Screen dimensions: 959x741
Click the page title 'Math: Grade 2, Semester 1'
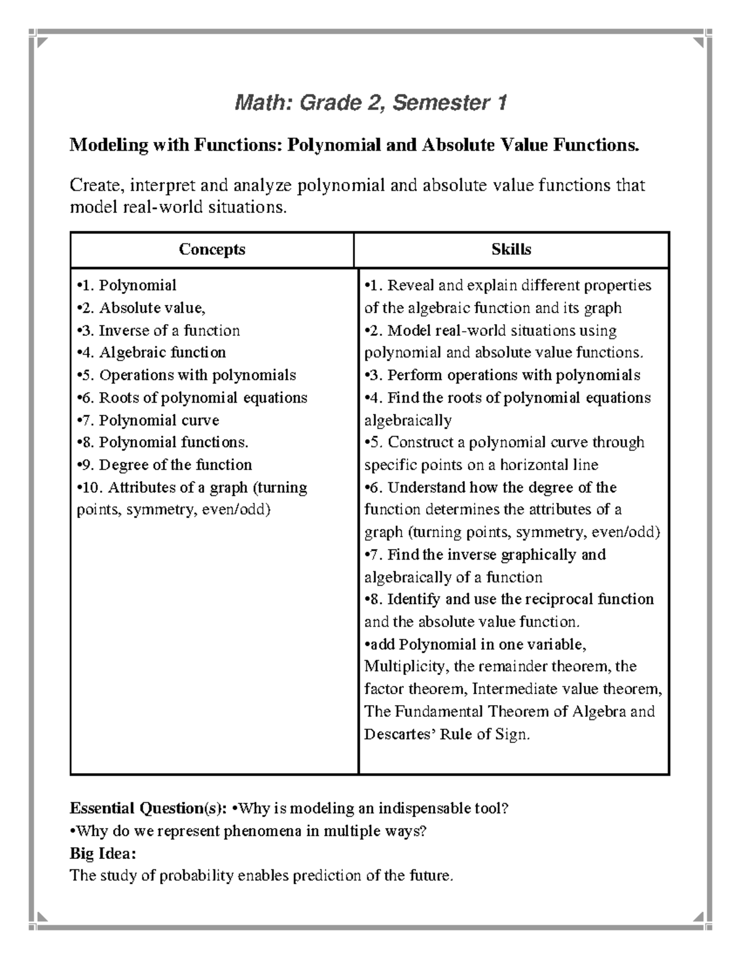[x=371, y=103]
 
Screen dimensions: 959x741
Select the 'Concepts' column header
[x=212, y=249]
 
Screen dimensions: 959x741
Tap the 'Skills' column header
[x=511, y=249]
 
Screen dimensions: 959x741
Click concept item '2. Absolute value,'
[x=141, y=308]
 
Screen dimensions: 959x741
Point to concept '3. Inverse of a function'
[x=158, y=330]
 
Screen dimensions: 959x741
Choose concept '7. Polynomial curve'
[x=148, y=421]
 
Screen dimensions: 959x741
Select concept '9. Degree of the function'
[x=164, y=465]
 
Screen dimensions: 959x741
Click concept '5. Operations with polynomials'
[x=186, y=375]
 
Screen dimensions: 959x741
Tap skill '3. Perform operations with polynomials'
[x=502, y=375]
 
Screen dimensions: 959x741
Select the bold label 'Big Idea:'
[x=103, y=853]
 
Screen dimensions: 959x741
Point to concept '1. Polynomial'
[x=127, y=285]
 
